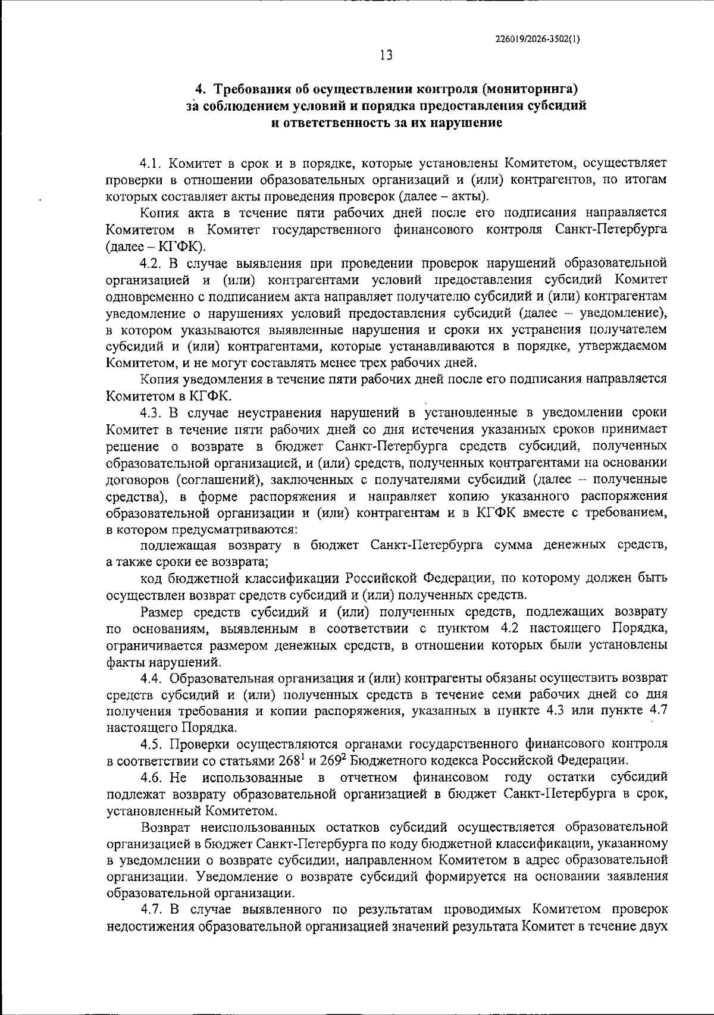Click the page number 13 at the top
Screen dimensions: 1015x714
point(386,55)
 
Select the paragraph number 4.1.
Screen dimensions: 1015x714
point(153,162)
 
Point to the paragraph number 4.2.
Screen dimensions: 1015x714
point(153,262)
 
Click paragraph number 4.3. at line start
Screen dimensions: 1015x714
point(153,412)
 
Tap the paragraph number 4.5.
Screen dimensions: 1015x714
point(153,744)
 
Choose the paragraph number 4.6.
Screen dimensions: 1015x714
point(153,777)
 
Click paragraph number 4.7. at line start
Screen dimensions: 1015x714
point(153,910)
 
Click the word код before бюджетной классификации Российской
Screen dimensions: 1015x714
point(151,578)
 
